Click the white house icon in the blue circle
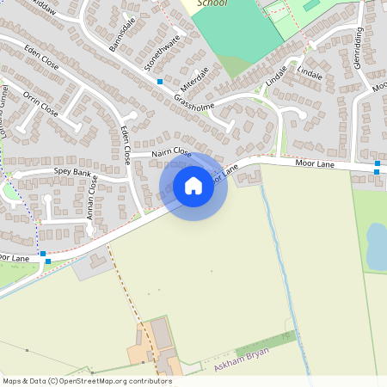(193, 186)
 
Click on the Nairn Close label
(170, 152)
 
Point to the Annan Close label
(91, 200)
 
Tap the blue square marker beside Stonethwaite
(160, 81)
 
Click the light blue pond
(377, 245)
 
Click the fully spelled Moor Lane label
(313, 162)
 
